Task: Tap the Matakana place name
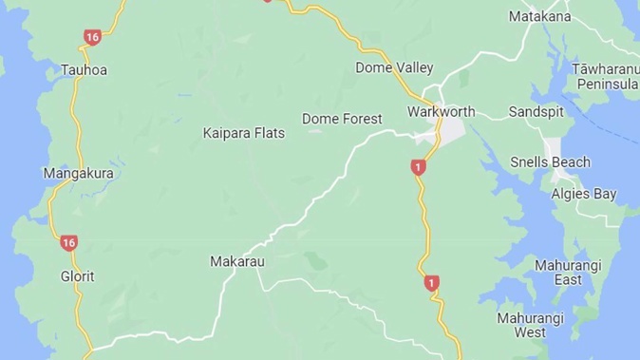(566, 17)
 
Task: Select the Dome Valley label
(394, 67)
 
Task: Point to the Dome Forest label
(342, 119)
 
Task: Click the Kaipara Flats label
(243, 133)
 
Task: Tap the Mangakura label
(79, 174)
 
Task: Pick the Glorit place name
(77, 275)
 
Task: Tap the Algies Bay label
(584, 194)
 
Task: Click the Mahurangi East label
(557, 272)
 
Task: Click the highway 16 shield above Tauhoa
(91, 37)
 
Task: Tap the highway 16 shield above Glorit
(68, 243)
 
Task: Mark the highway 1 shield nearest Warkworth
(418, 167)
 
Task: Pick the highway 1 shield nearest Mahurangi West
(432, 282)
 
